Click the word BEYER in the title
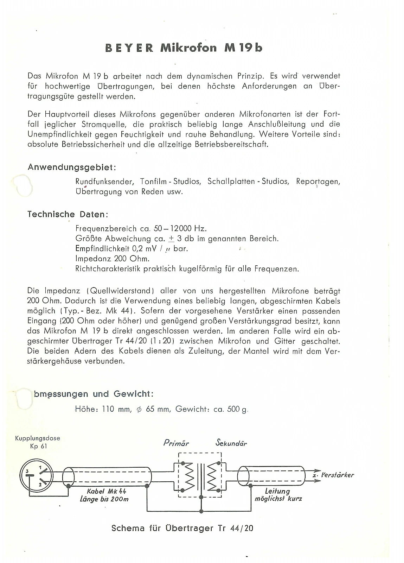129,48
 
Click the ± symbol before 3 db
171,239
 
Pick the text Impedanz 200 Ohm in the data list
113,259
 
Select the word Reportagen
318,182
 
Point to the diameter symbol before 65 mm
139,409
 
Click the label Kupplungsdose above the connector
38,438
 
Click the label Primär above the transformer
176,443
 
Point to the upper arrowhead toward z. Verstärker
317,471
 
